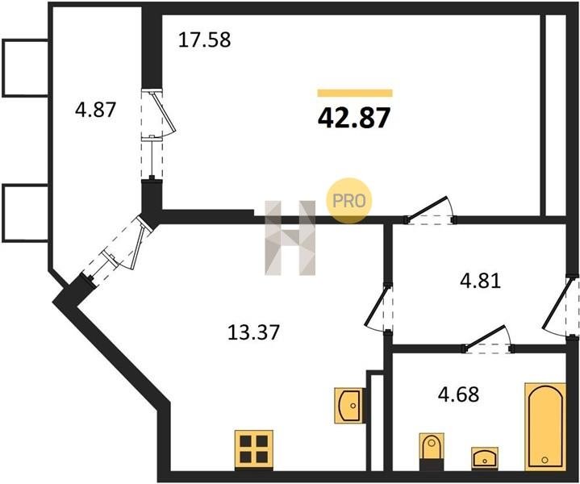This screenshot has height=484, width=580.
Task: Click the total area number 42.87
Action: click(354, 118)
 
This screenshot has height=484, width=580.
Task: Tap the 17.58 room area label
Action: click(205, 40)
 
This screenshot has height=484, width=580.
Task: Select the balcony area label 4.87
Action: click(95, 110)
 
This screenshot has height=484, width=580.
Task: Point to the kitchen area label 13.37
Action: click(253, 332)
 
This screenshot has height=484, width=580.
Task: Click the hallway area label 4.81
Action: click(480, 281)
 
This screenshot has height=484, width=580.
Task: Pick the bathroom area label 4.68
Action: click(458, 394)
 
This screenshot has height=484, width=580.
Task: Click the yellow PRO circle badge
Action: click(348, 201)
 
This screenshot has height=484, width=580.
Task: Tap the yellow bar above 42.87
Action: click(355, 93)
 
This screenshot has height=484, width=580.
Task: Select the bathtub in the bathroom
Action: click(545, 427)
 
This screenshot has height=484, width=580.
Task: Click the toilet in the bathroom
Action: click(431, 452)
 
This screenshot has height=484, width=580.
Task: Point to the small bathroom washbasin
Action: click(484, 457)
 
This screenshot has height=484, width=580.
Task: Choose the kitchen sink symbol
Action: click(348, 405)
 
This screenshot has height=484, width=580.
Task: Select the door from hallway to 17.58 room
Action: click(430, 211)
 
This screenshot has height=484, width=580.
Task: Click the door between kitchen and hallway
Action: click(379, 309)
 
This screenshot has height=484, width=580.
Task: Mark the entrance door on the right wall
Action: click(561, 307)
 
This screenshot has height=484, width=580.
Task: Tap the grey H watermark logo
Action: click(290, 238)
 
